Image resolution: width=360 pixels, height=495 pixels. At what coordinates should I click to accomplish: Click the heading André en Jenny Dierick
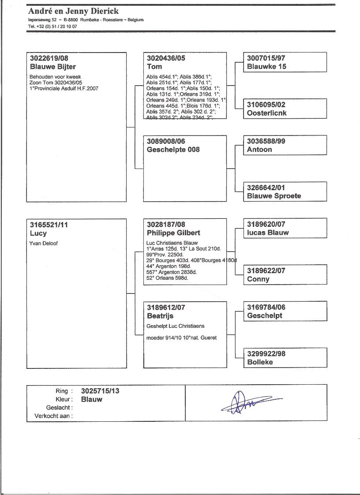[x=73, y=11]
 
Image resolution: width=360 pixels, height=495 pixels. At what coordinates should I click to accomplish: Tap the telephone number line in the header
[x=52, y=26]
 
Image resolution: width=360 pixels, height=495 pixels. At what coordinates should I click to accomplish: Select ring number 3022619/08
[x=49, y=58]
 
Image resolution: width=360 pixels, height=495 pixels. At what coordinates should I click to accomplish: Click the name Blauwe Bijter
[x=53, y=67]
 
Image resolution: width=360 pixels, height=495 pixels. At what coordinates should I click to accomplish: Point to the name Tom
[x=154, y=67]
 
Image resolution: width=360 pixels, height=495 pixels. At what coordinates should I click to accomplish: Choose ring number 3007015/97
[x=266, y=58]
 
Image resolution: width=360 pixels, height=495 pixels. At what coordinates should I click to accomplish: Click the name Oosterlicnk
[x=267, y=113]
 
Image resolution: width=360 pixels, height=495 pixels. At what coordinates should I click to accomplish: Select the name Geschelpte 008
[x=173, y=150]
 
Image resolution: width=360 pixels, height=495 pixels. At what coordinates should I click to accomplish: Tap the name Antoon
[x=259, y=150]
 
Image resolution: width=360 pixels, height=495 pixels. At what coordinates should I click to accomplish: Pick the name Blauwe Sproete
[x=274, y=196]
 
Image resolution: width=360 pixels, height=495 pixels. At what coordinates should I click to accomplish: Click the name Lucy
[x=38, y=233]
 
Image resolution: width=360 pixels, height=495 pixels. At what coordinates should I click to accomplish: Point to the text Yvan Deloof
[x=44, y=243]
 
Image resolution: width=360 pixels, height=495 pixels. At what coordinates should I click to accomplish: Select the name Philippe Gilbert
[x=173, y=232]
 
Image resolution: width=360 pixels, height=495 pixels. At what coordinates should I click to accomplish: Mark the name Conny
[x=258, y=279]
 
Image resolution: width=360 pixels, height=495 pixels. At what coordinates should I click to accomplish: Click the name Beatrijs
[x=160, y=316]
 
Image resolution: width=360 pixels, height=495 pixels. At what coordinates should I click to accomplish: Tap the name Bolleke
[x=260, y=362]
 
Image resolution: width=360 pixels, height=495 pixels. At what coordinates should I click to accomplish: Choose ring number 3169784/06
[x=266, y=307]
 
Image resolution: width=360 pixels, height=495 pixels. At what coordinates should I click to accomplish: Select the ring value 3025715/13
[x=100, y=391]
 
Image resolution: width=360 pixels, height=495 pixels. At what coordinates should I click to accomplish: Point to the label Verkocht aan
[x=53, y=416]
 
